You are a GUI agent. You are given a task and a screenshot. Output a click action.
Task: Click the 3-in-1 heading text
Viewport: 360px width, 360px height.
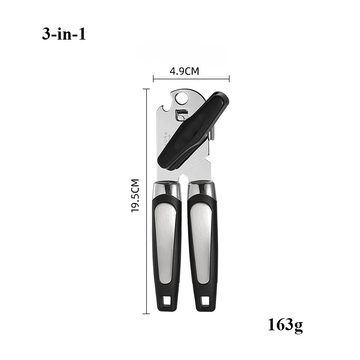pyautogui.click(x=64, y=35)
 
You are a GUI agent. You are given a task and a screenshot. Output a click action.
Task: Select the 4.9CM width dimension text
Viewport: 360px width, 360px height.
pyautogui.click(x=184, y=71)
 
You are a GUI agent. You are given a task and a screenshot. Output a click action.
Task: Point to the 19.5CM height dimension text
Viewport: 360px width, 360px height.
pyautogui.click(x=135, y=196)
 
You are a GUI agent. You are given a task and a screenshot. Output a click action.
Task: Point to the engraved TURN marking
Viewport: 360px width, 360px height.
pyautogui.click(x=166, y=138)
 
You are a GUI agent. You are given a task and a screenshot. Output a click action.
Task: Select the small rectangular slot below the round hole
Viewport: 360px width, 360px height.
pyautogui.click(x=182, y=115)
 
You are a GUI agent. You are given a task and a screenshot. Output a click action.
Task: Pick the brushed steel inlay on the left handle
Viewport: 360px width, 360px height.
pyautogui.click(x=166, y=243)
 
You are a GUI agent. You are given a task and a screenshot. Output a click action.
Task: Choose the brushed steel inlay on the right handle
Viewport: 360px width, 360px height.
pyautogui.click(x=201, y=243)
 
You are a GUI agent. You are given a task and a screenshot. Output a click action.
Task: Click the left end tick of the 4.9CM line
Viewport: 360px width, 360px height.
pyautogui.click(x=153, y=79)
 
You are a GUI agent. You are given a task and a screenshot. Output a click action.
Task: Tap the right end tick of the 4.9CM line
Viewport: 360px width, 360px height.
pyautogui.click(x=229, y=79)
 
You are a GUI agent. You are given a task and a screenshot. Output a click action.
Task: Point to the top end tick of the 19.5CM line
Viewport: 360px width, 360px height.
pyautogui.click(x=146, y=89)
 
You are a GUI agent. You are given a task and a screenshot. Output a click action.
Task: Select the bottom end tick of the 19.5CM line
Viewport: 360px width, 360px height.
pyautogui.click(x=146, y=313)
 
